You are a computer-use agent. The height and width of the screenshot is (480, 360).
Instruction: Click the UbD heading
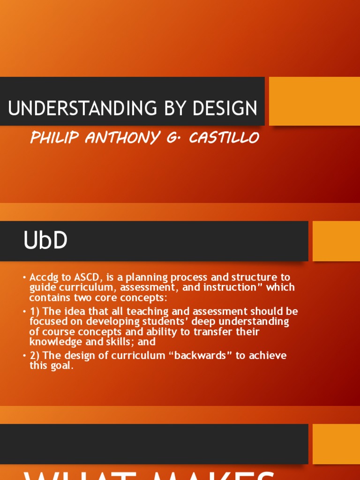[x=45, y=241]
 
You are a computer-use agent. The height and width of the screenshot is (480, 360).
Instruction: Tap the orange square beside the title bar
[x=314, y=101]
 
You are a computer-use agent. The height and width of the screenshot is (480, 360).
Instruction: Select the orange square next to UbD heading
[x=336, y=241]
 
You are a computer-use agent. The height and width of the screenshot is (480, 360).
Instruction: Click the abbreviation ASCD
[x=84, y=277]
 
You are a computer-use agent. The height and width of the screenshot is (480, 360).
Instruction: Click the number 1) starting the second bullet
[x=35, y=311]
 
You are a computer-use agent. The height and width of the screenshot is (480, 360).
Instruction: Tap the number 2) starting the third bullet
[x=35, y=355]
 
